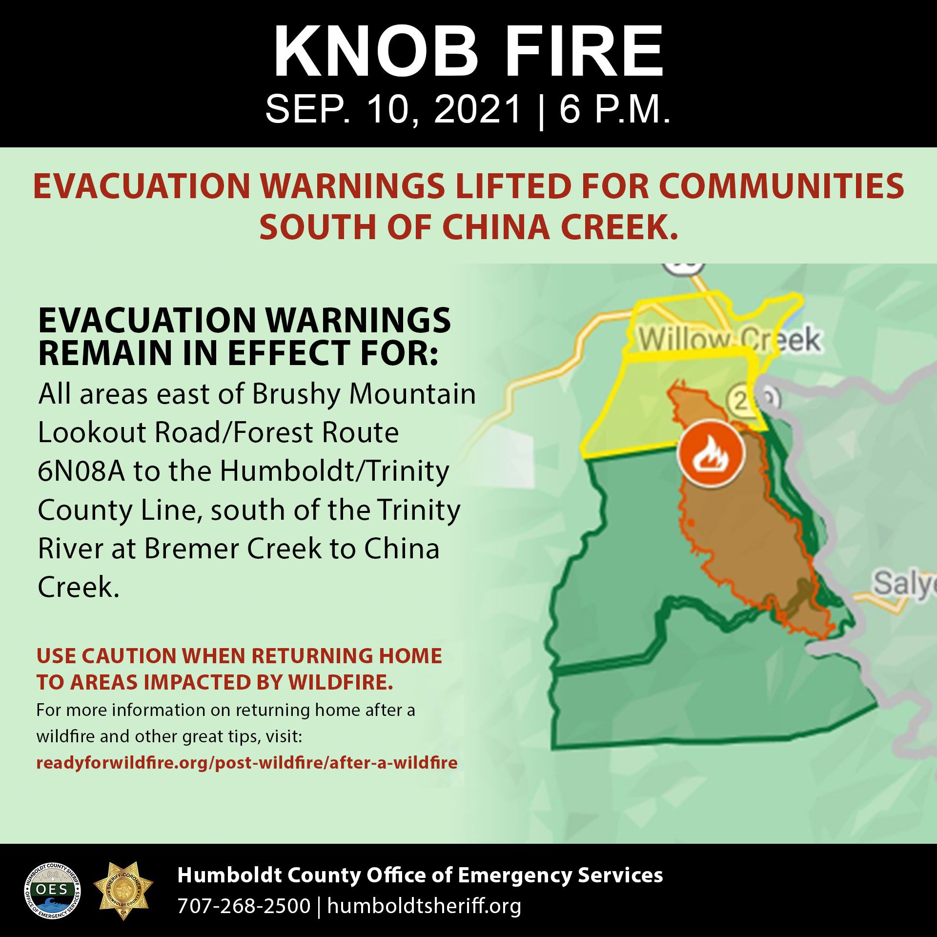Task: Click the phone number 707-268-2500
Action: pyautogui.click(x=244, y=906)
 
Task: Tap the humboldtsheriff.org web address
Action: pyautogui.click(x=424, y=906)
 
